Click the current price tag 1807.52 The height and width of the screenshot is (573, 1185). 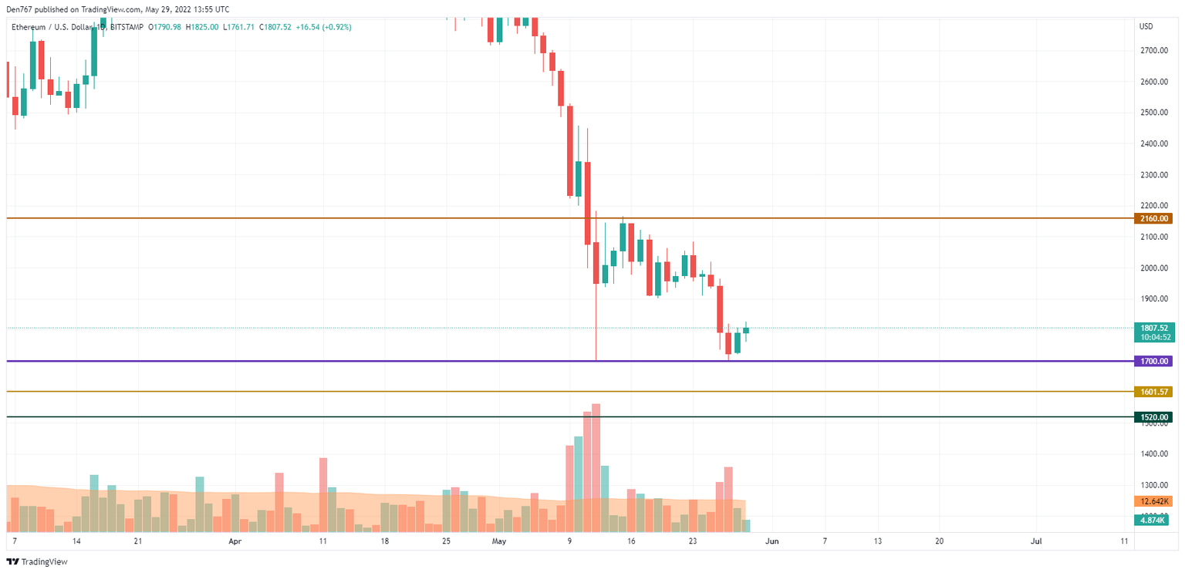click(1154, 328)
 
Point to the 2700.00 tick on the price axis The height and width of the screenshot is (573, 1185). click(1152, 50)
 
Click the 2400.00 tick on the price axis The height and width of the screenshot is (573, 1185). click(1152, 143)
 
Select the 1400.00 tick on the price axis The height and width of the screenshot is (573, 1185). click(1152, 454)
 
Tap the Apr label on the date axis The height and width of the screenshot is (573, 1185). click(235, 541)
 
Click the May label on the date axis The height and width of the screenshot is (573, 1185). click(499, 541)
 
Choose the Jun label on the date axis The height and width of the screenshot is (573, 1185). click(771, 541)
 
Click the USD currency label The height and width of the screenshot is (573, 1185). click(1146, 27)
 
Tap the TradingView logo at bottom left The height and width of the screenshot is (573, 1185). click(37, 561)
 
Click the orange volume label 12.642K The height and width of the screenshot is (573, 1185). click(1153, 501)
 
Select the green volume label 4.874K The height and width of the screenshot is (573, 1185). click(1153, 521)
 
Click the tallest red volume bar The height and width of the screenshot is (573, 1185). click(596, 467)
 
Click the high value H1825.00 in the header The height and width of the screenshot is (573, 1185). click(202, 27)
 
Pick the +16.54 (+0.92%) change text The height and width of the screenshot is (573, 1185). click(323, 27)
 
